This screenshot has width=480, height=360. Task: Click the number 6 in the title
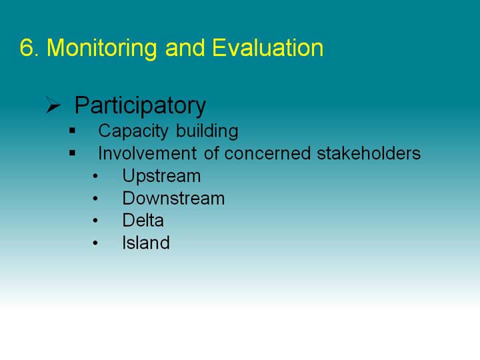[x=27, y=48]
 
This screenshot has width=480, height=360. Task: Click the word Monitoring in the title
[x=102, y=49]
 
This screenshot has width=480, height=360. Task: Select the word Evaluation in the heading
[x=268, y=48]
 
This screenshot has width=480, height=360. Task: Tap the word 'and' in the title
[x=185, y=48]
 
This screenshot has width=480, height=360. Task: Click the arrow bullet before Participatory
[x=53, y=105]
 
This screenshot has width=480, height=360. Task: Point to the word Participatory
[x=140, y=107]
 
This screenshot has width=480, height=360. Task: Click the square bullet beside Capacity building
[x=72, y=131]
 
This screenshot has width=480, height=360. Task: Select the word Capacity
[x=133, y=131]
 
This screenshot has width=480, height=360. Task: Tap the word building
[x=207, y=131]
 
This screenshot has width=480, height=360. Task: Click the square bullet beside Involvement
[x=72, y=153]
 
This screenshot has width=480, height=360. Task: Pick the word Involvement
[x=147, y=153]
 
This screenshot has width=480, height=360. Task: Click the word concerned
[x=267, y=153]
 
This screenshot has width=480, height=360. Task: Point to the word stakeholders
[x=369, y=153]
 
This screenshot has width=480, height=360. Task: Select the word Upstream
[x=161, y=177]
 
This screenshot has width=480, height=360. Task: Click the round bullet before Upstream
[x=95, y=176]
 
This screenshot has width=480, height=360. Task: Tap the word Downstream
[x=173, y=199]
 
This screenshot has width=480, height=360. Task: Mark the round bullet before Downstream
[x=95, y=199]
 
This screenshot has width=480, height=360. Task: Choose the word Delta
[x=143, y=221]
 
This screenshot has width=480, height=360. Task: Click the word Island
[x=146, y=243]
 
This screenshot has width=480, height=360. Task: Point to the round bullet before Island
[x=95, y=243]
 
